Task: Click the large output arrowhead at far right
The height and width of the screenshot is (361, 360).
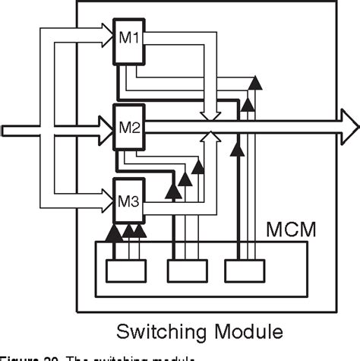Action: [x=349, y=122]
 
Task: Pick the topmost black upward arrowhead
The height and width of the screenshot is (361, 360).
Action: [x=255, y=82]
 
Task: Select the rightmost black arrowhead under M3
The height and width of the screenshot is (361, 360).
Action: [x=141, y=230]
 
